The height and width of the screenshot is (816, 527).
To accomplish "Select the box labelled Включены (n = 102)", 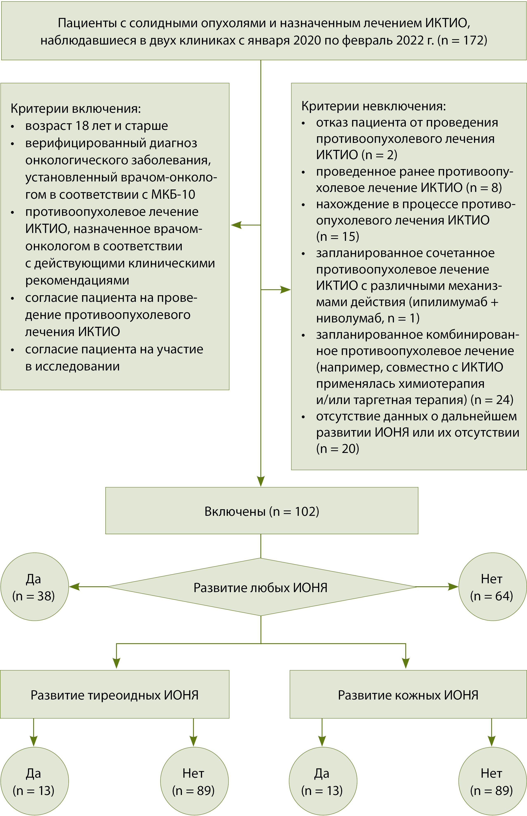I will [262, 511].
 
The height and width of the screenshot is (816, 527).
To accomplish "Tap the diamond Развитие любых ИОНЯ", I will [261, 588].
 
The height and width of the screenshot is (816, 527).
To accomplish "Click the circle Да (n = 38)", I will [34, 587].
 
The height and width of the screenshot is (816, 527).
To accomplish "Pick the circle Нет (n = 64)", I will [492, 587].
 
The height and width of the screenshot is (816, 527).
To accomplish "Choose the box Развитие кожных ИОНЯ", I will [408, 695].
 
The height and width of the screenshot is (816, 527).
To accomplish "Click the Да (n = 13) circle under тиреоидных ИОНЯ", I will [34, 781].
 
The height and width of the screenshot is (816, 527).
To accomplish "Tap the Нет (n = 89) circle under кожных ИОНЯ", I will [492, 781].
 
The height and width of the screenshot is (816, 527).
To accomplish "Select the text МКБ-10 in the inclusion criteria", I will [173, 195].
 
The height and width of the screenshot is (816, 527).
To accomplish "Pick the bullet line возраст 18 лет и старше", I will [97, 126].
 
